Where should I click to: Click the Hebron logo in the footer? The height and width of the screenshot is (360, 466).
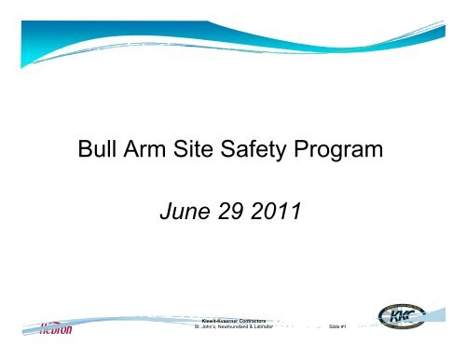47,328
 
